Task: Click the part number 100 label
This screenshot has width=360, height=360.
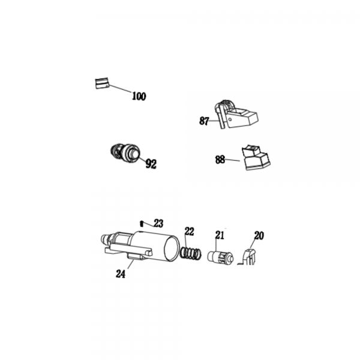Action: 139,96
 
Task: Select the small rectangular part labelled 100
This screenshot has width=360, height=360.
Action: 102,83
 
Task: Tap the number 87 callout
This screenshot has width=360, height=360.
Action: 204,121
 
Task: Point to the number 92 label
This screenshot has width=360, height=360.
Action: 151,164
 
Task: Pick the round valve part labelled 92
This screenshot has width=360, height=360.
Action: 125,153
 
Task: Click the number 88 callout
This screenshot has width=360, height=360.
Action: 220,160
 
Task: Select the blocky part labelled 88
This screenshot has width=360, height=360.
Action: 256,157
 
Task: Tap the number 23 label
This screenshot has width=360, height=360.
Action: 158,223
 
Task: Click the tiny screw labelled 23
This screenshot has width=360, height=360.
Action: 142,223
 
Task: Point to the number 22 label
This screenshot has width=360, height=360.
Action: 189,232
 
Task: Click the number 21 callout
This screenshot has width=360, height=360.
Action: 219,235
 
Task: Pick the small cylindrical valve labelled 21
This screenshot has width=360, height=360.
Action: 220,259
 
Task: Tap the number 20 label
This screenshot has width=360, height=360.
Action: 259,236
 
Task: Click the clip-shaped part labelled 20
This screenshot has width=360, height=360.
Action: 248,257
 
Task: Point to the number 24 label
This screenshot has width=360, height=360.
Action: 121,274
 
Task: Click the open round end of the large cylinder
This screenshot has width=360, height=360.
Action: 172,250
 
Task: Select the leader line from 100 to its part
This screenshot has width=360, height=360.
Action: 120,88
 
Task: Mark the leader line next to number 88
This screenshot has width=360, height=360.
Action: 233,160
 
